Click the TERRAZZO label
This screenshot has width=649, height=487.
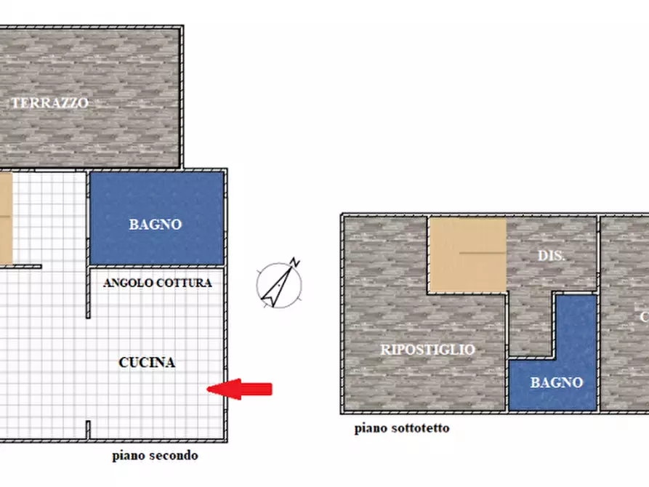point(49,103)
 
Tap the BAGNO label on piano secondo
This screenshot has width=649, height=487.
point(156,225)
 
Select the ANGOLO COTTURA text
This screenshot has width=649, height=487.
point(158,283)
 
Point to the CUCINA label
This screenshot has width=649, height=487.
point(147,362)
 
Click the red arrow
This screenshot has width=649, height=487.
point(240,390)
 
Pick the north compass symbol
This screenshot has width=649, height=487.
point(280,283)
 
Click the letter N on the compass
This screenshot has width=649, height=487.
point(294,262)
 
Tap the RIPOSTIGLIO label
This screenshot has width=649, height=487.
point(427,350)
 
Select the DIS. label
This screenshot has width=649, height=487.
point(552,256)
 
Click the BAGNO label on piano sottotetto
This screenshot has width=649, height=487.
point(556,382)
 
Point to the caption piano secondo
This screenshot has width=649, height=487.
point(155,456)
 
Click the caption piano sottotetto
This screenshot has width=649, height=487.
point(402,428)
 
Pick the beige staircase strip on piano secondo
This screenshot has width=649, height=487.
point(6,218)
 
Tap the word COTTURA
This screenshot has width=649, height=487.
point(185,283)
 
